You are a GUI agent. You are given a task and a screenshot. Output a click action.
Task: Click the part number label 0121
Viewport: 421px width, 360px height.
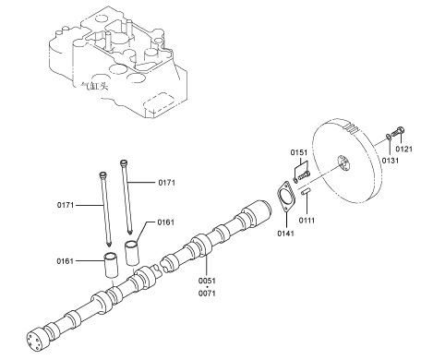click(x=403, y=150)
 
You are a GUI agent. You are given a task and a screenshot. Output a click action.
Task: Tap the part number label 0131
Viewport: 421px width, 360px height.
click(x=391, y=161)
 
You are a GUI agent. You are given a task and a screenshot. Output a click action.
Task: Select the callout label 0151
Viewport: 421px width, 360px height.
click(x=299, y=152)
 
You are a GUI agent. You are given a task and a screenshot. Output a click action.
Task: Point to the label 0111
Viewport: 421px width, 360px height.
click(x=307, y=221)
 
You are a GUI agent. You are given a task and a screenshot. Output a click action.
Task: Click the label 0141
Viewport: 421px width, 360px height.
click(x=285, y=234)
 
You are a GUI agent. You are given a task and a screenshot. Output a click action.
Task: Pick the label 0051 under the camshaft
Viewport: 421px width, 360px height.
click(x=207, y=281)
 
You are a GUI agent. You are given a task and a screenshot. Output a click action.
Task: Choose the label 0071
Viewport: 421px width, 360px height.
click(x=207, y=294)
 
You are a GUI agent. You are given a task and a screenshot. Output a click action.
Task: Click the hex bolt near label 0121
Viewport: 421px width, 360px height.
click(x=398, y=132)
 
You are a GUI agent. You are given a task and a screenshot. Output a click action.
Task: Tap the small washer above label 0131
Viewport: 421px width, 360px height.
click(x=389, y=137)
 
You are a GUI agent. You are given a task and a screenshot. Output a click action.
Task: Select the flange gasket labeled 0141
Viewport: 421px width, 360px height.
click(x=286, y=197)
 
